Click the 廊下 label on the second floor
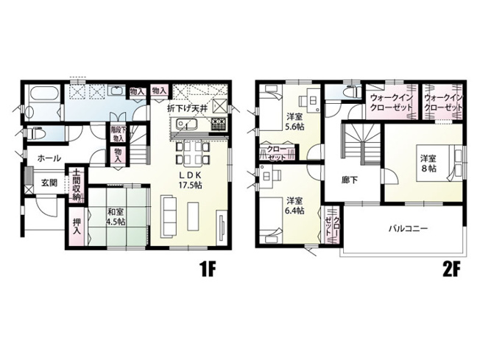(350, 179)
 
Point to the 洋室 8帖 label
(429, 163)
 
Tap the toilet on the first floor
(38, 134)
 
